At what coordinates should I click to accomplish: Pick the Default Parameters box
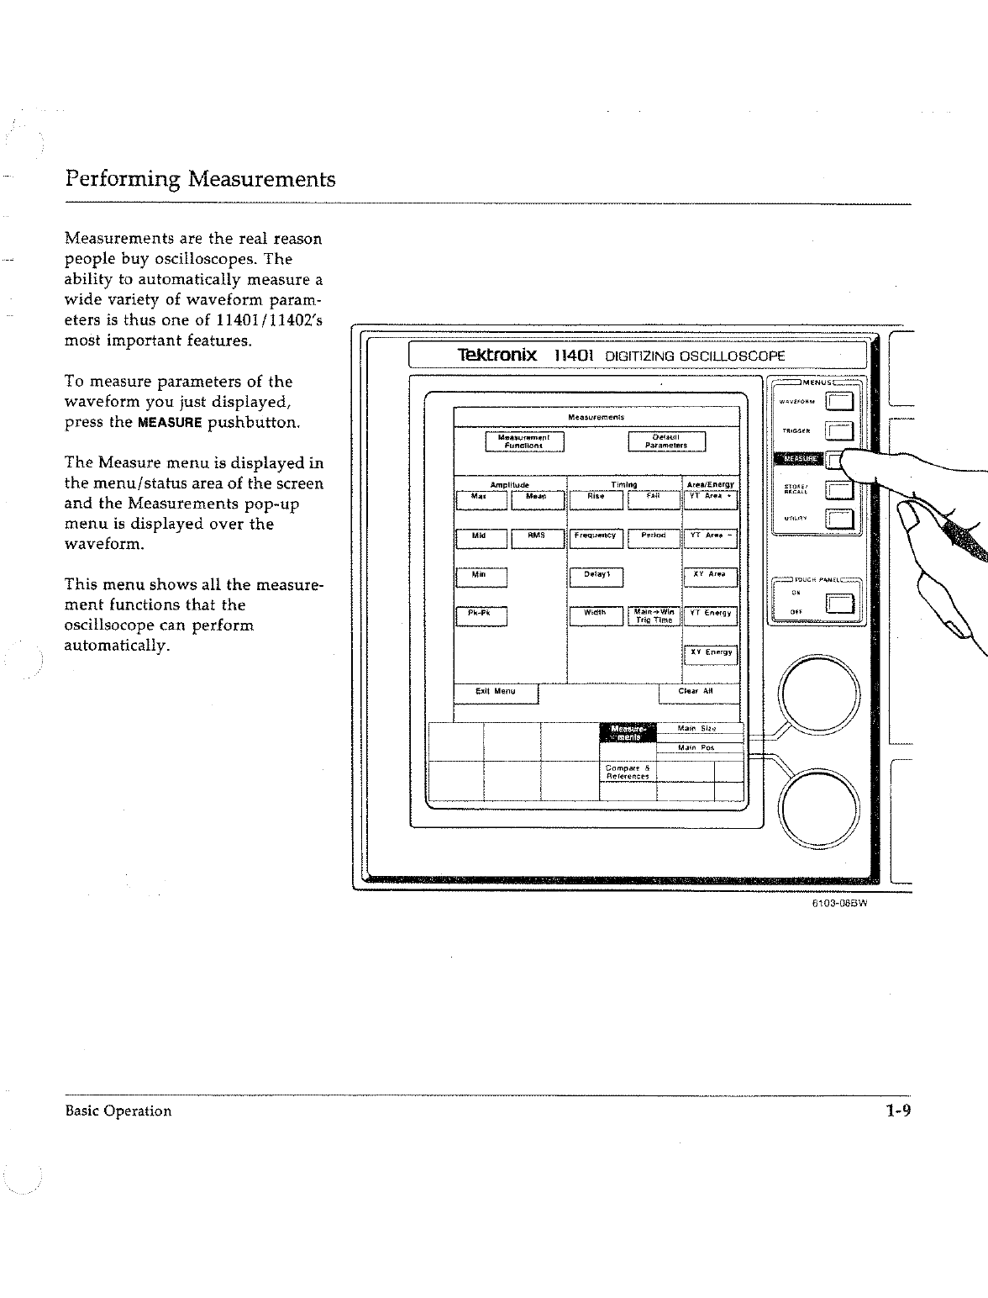667,441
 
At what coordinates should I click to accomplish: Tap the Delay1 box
596,577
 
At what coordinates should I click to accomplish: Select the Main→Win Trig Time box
654,616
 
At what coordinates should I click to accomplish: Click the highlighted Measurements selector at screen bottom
627,733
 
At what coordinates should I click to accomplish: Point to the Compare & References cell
627,772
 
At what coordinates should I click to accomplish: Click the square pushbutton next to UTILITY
840,521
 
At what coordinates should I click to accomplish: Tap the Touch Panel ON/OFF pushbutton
840,604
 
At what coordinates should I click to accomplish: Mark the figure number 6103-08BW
838,905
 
